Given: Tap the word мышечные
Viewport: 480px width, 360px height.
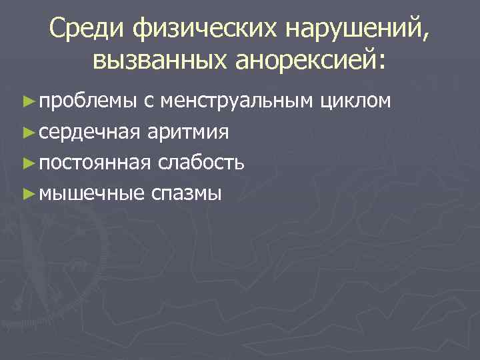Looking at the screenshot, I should [x=91, y=193].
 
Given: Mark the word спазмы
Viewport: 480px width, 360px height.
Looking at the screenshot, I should [x=187, y=194].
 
